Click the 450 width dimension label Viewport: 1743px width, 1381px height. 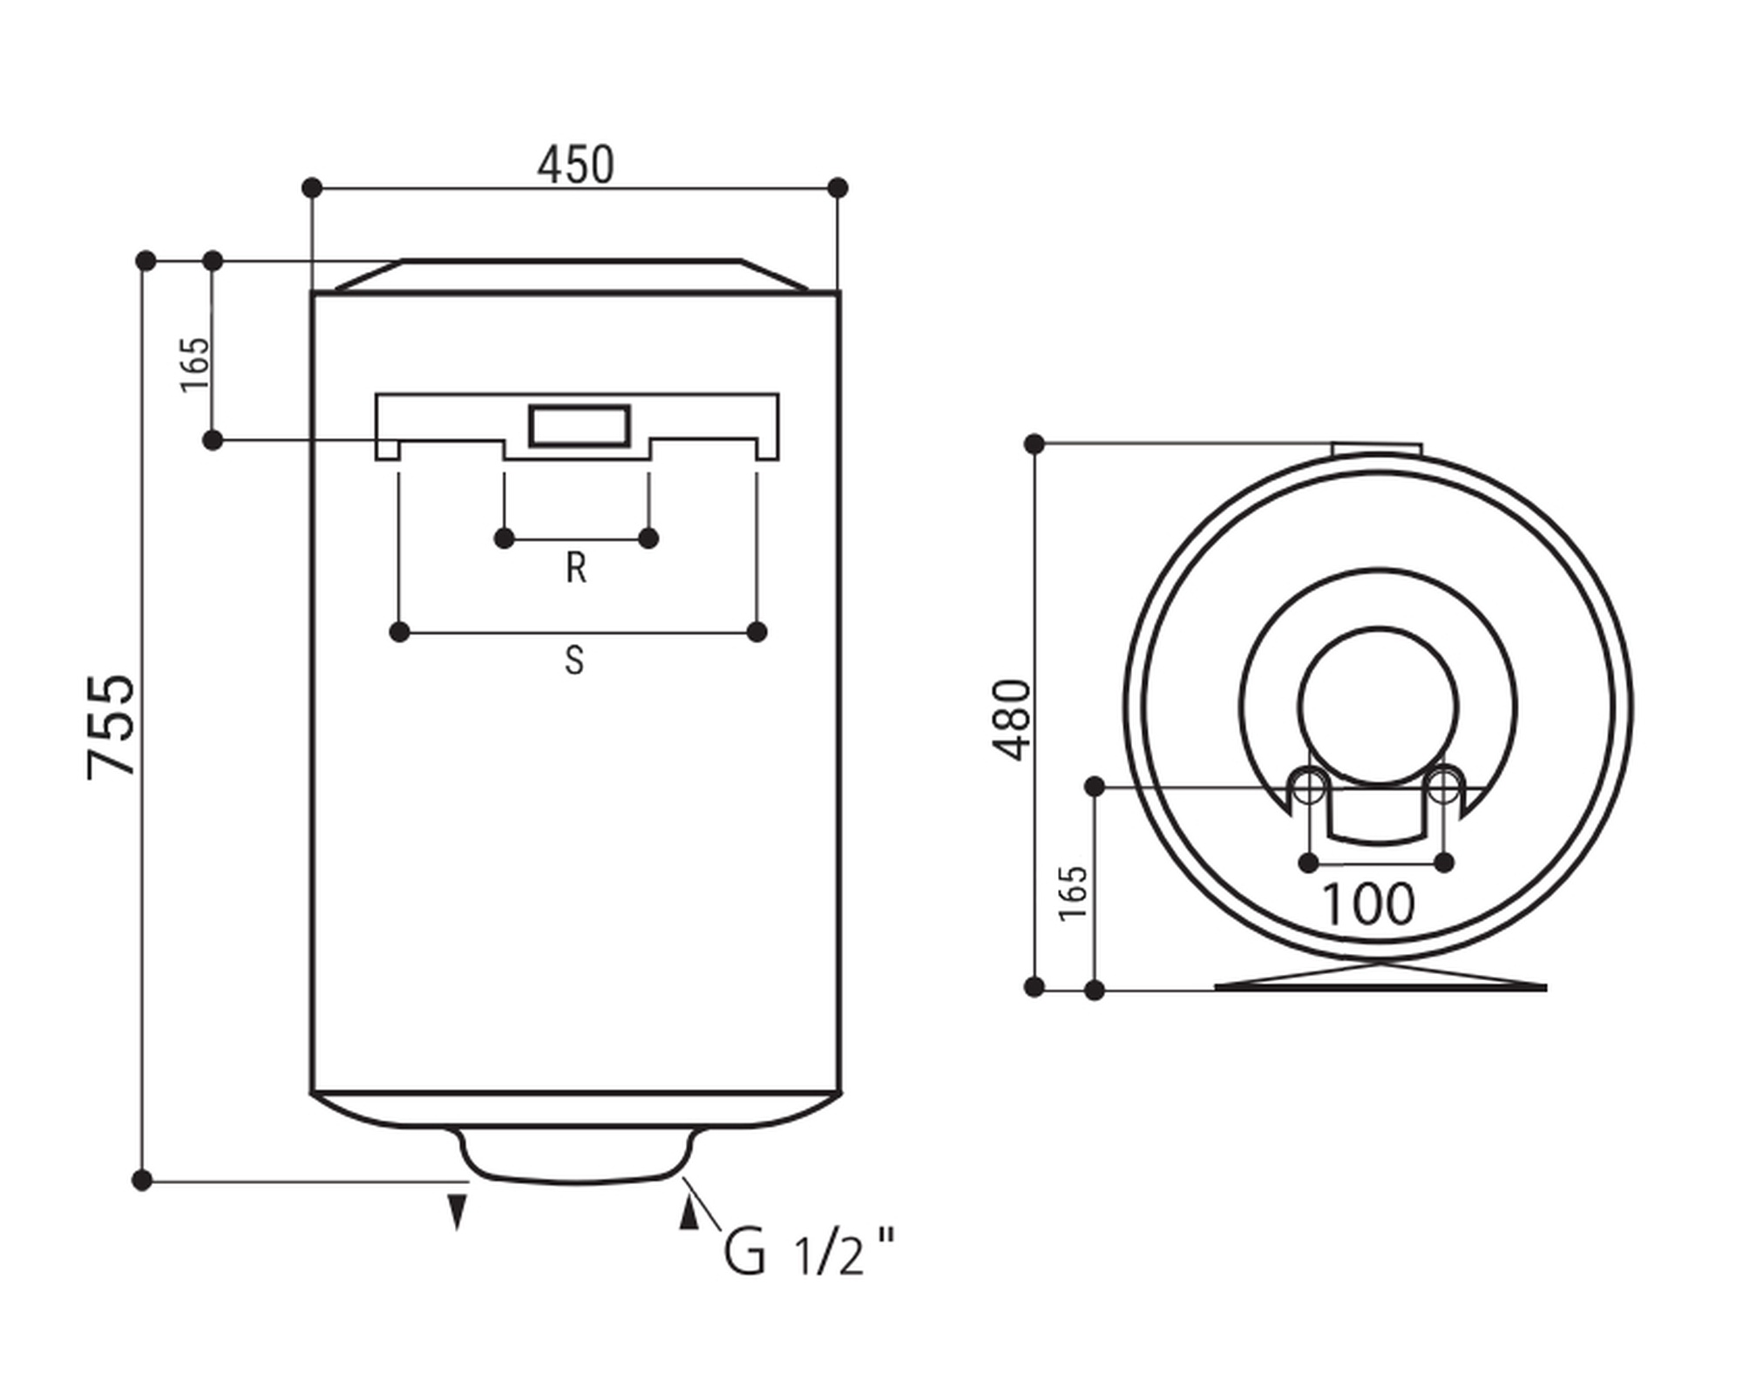click(575, 165)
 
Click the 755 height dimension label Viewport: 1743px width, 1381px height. click(112, 726)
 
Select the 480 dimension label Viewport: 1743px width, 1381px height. click(1012, 720)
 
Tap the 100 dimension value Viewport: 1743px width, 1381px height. click(1368, 904)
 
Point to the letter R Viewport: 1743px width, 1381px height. click(575, 568)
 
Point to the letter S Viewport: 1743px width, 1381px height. click(573, 660)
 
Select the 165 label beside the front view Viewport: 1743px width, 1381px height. click(195, 364)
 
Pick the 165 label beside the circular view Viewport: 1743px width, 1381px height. click(1072, 892)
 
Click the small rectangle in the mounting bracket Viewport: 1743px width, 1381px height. click(580, 426)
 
